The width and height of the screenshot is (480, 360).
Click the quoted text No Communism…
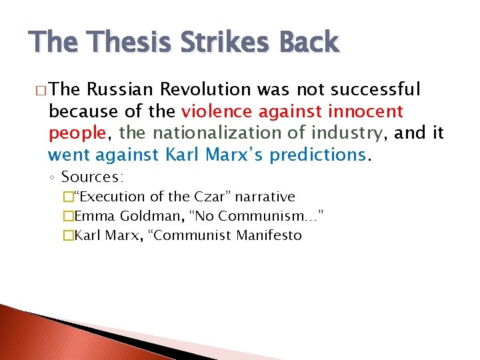coord(251,216)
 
